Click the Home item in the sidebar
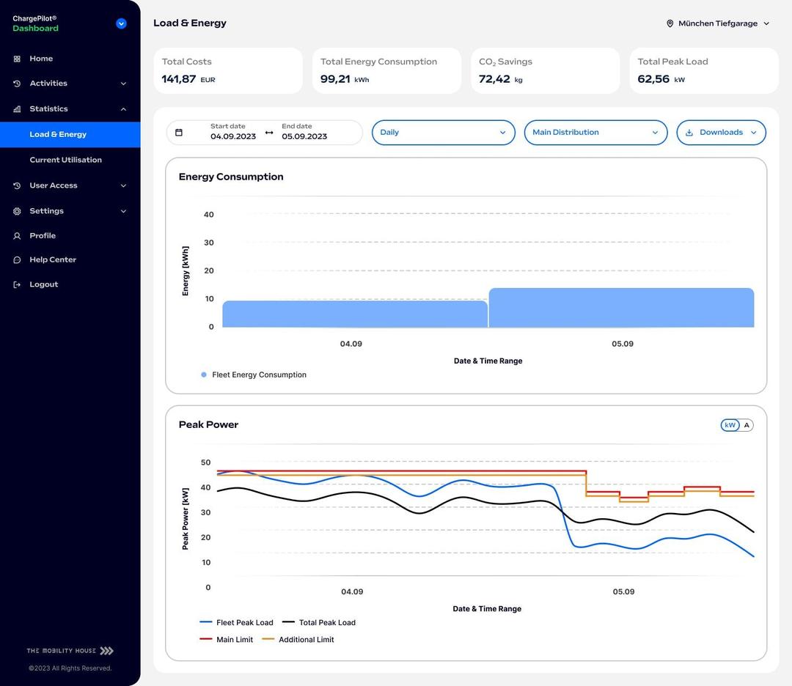41,59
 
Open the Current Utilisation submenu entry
65,160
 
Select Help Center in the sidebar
52,259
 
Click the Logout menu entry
43,284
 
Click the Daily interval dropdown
443,133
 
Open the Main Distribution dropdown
595,133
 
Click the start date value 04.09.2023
232,136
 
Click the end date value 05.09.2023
304,136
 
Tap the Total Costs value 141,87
179,79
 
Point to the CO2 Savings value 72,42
494,79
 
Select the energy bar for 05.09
621,308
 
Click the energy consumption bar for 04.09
355,314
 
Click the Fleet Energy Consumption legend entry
259,375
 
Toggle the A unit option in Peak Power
747,425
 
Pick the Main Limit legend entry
234,640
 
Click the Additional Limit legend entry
306,640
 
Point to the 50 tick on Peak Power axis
205,462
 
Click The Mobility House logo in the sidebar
70,651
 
